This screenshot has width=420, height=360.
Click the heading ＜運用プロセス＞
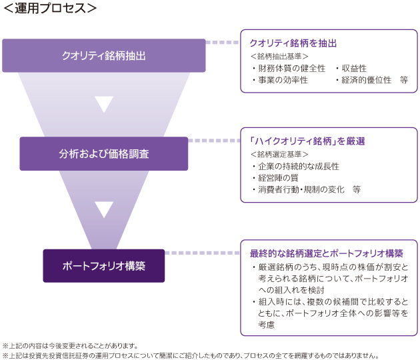[50, 9]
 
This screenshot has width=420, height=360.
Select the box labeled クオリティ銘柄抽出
[103, 55]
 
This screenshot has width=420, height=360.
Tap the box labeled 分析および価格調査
[103, 153]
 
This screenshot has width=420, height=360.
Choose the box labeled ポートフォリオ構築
[103, 265]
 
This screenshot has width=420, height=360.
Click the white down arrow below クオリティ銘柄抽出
[104, 104]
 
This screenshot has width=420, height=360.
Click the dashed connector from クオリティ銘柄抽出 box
[222, 43]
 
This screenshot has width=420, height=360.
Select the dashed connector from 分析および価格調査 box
[213, 141]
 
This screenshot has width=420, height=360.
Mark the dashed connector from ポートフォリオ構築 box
[202, 253]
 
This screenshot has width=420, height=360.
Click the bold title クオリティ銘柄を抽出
[293, 43]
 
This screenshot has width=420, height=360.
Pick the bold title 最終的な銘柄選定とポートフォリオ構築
[326, 254]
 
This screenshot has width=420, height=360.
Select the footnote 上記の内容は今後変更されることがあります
[70, 345]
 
